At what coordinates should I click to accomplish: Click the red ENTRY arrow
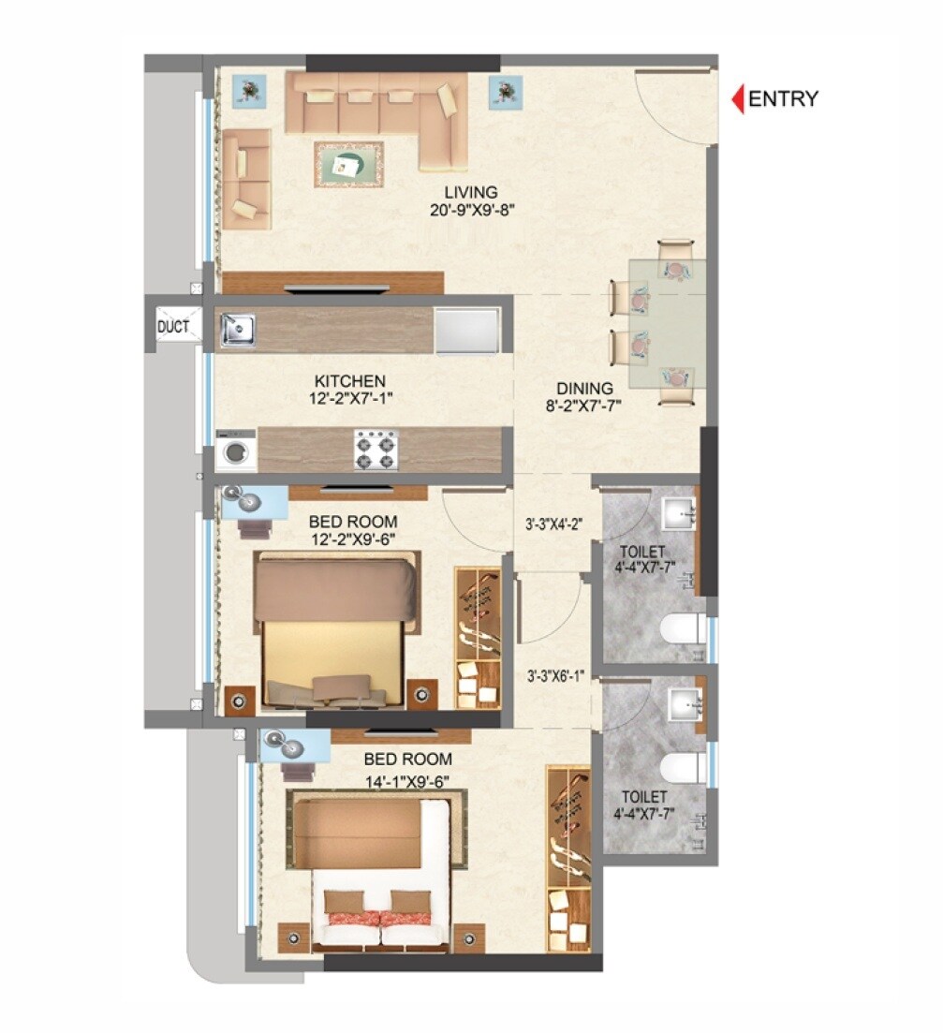click(737, 98)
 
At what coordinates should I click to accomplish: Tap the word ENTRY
click(784, 98)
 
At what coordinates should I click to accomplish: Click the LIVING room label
click(471, 192)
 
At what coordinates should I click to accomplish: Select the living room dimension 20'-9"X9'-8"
click(471, 210)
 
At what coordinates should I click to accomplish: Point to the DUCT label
click(173, 327)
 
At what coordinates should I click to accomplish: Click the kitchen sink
click(238, 330)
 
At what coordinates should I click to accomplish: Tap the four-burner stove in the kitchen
click(376, 450)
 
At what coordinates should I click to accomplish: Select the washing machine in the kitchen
click(236, 450)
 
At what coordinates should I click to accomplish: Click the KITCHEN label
click(349, 381)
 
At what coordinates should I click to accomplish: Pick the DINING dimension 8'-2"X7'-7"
click(584, 406)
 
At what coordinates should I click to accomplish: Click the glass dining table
click(667, 323)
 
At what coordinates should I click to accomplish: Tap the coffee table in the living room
click(348, 166)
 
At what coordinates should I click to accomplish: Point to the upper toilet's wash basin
click(679, 514)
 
